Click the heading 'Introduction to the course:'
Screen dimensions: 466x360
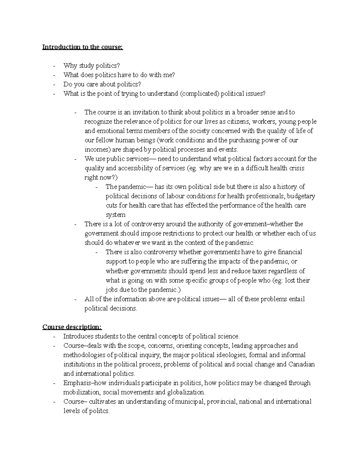82,47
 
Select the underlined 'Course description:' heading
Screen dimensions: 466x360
72,327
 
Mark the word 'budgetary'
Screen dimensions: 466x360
301,196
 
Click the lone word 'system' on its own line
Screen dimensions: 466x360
115,215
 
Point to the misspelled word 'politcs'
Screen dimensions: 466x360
99,411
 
